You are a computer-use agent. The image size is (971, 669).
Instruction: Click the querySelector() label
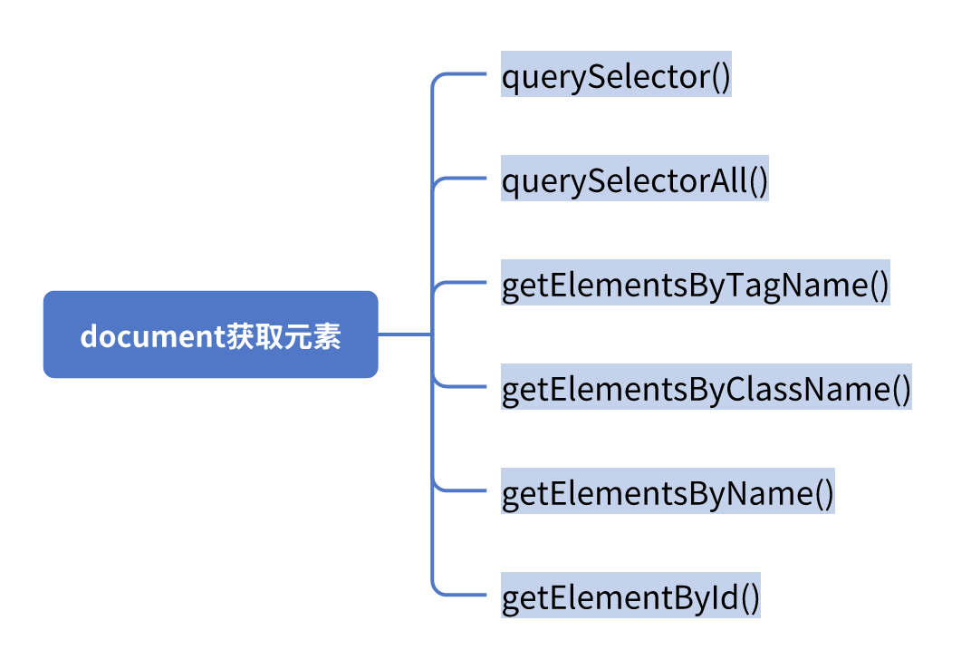pos(616,78)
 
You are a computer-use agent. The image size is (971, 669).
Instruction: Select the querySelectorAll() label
pos(634,181)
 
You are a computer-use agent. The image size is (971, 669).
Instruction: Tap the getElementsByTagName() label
pos(695,286)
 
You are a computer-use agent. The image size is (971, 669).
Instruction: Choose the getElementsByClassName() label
pos(706,390)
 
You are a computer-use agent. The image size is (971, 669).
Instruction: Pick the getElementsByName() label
pos(667,494)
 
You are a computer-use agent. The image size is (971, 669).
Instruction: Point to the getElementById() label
pos(630,598)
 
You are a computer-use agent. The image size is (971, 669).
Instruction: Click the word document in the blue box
pos(145,335)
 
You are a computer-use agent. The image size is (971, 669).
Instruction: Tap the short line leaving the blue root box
pos(403,334)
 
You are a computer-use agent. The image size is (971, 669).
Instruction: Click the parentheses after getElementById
pos(750,599)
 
